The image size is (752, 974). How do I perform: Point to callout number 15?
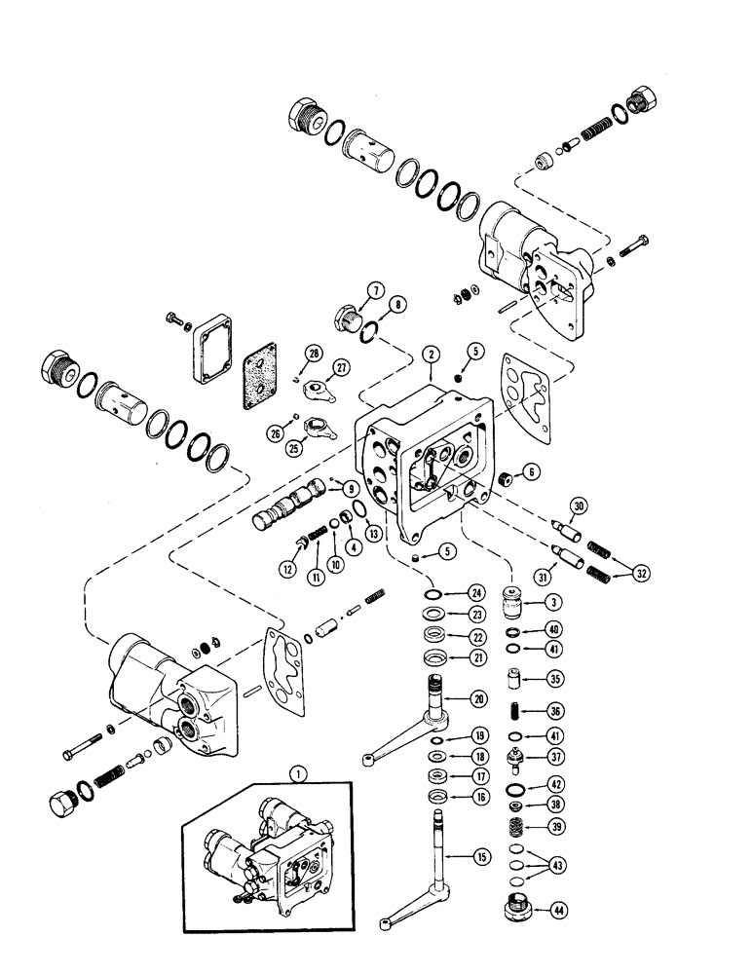(x=480, y=857)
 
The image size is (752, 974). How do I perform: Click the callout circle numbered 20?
(x=480, y=697)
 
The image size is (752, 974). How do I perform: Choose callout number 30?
(x=580, y=506)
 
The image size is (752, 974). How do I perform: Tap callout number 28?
(x=313, y=352)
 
